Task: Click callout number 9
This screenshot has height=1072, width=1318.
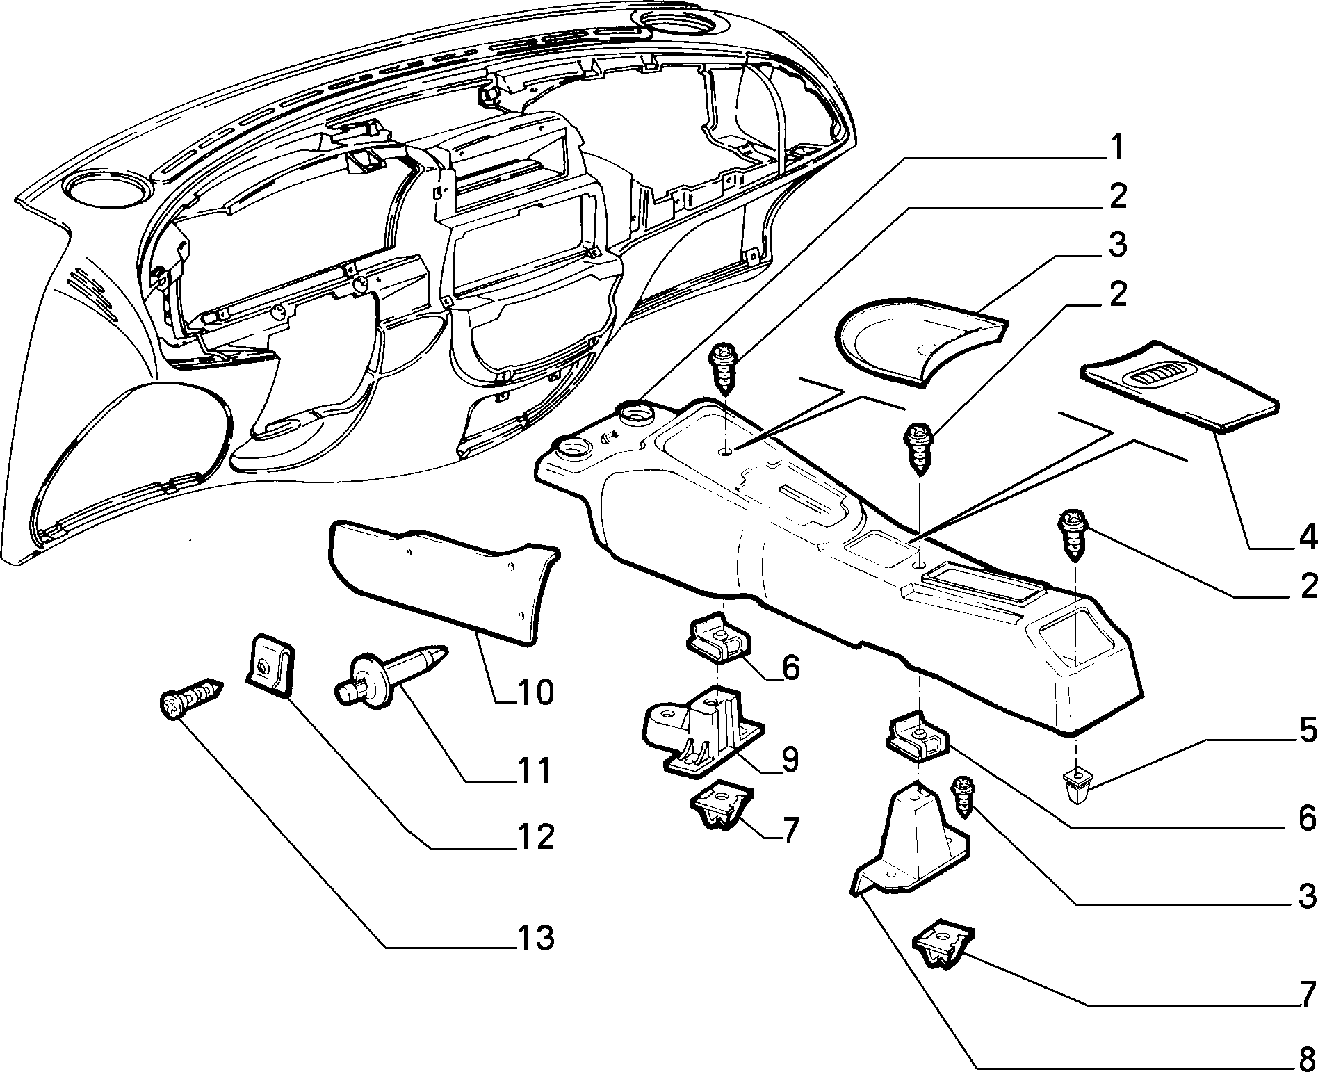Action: [x=788, y=760]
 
